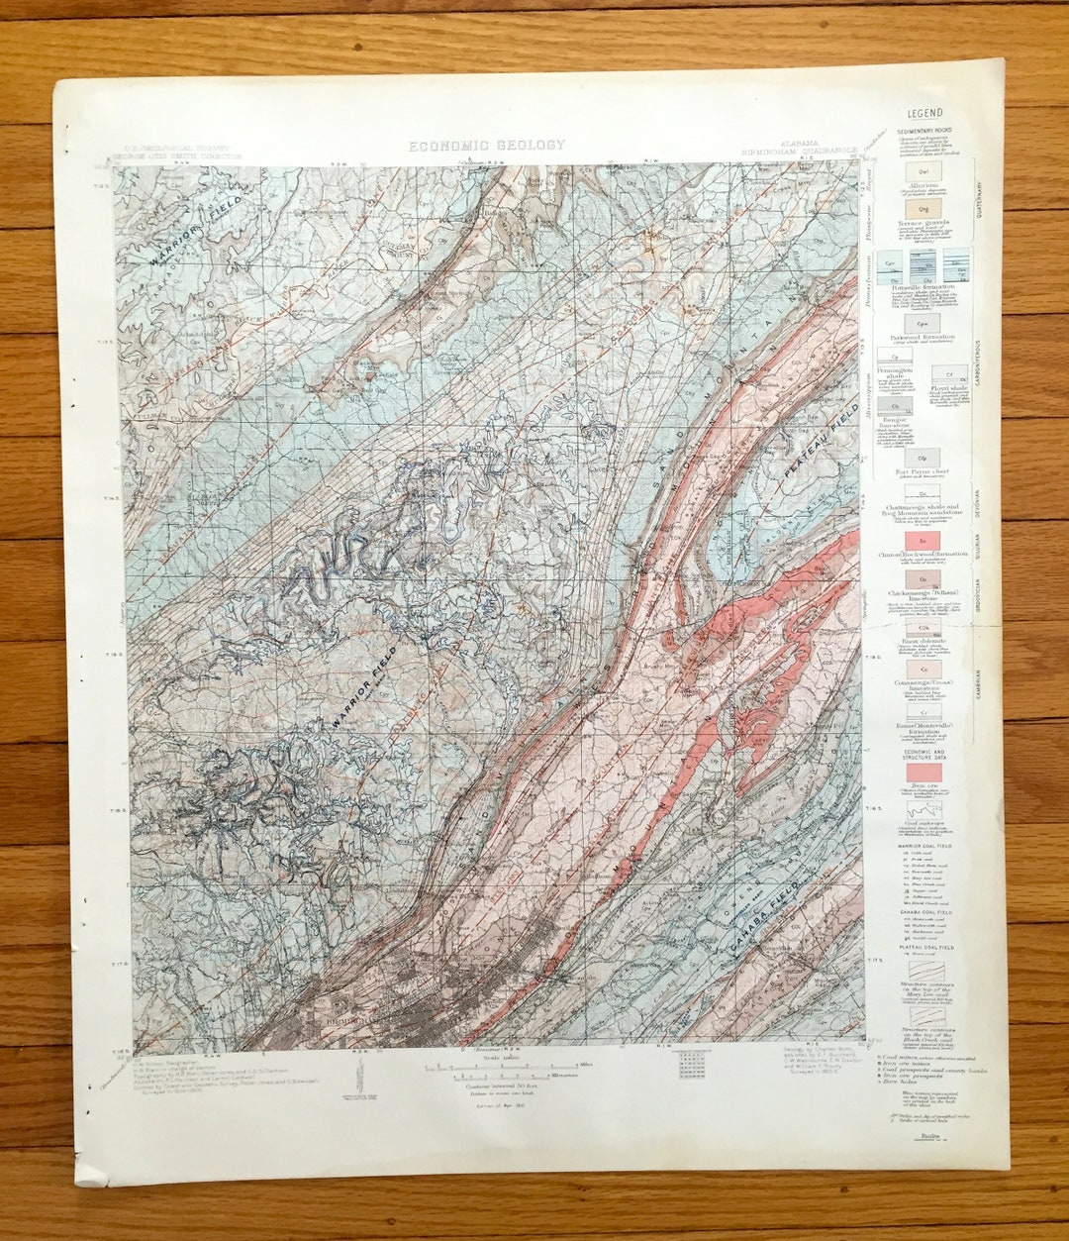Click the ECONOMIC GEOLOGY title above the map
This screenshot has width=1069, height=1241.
point(487,146)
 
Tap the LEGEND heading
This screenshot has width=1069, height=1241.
point(924,114)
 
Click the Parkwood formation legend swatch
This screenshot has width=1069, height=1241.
point(921,323)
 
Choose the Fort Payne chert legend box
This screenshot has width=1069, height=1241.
point(921,458)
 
